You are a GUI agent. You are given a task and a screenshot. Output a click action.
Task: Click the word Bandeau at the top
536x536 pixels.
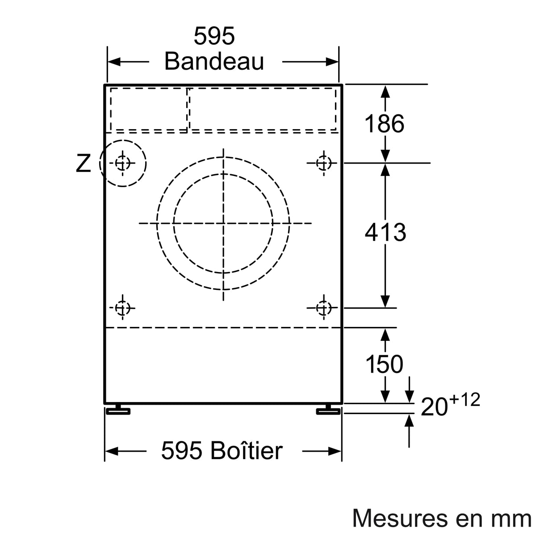pyautogui.click(x=214, y=62)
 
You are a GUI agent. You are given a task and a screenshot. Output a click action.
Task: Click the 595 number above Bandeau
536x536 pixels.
pyautogui.click(x=214, y=36)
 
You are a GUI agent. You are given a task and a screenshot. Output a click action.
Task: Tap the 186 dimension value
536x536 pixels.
pyautogui.click(x=384, y=123)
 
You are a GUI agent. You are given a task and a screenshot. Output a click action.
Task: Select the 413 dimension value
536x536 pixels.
pyautogui.click(x=385, y=232)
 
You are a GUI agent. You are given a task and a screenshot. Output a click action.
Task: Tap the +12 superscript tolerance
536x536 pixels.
pyautogui.click(x=465, y=399)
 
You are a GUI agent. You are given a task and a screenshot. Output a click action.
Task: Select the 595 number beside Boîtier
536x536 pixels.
pyautogui.click(x=181, y=451)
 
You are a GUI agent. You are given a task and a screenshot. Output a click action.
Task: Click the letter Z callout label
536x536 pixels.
pyautogui.click(x=83, y=163)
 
